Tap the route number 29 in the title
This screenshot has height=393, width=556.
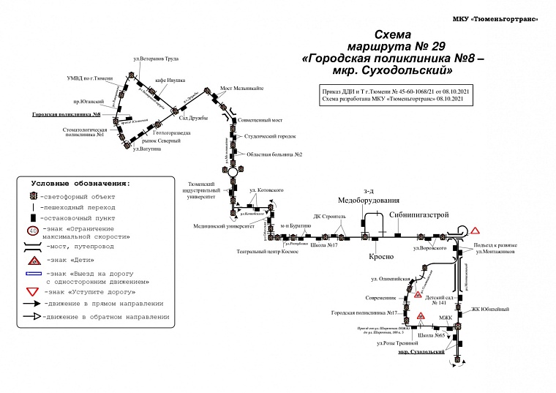click(436, 45)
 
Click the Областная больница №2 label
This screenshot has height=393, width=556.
click(274, 155)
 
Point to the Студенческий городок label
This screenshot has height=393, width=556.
click(270, 137)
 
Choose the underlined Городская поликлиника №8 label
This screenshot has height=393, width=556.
click(65, 115)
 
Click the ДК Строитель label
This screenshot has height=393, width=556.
click(328, 217)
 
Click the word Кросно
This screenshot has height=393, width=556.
click(381, 257)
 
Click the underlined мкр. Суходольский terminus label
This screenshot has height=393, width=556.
click(422, 352)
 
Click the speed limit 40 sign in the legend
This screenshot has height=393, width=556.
click(34, 232)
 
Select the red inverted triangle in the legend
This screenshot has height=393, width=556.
click(34, 290)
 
